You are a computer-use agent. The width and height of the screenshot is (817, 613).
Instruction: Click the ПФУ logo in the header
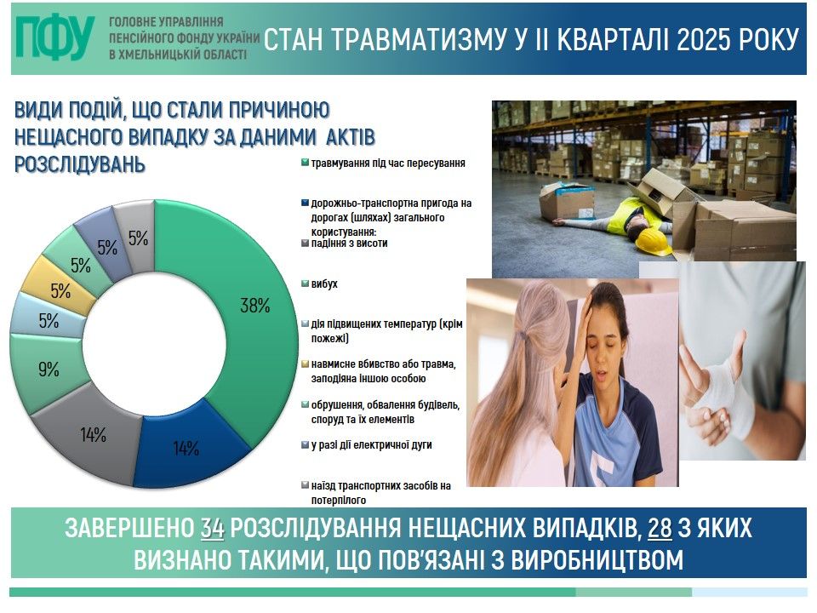(55, 37)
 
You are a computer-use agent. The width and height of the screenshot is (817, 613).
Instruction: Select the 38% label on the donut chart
(254, 306)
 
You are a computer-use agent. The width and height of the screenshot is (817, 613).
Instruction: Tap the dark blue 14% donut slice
(190, 445)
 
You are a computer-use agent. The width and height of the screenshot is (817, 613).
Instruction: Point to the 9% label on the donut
(49, 370)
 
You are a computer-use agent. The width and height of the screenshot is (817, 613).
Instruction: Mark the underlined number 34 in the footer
(213, 529)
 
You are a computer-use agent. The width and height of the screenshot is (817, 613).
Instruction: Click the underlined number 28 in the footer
(660, 529)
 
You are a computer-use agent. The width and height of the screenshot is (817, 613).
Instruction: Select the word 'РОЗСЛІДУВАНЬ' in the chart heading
(80, 164)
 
